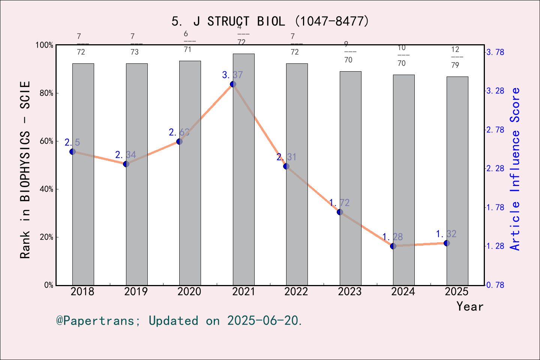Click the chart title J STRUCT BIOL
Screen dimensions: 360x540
coord(270,21)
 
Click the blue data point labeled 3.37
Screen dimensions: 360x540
coord(233,84)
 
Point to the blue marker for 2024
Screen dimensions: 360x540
coord(393,246)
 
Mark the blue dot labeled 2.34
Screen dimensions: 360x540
coord(126,164)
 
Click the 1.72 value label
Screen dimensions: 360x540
coord(339,203)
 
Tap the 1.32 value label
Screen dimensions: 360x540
coord(446,234)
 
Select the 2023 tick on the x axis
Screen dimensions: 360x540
coord(349,291)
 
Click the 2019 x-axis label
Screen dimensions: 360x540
coord(136,291)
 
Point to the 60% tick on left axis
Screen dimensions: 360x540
coord(46,141)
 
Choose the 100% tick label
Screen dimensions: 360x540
coord(44,45)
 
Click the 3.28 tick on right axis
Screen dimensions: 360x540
coord(495,91)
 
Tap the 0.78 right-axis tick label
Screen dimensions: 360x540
coord(495,285)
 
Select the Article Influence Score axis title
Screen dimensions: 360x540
coord(516,169)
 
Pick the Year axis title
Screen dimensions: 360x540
coord(469,306)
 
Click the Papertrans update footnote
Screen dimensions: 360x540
coord(179,321)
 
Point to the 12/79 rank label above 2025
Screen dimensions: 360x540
coord(455,57)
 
